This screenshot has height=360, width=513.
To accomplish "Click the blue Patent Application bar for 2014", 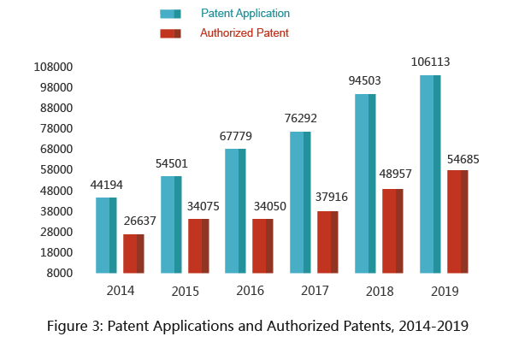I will click(106, 235).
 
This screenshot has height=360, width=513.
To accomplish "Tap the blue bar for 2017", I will click(300, 202).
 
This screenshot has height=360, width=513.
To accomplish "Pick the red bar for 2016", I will click(262, 245).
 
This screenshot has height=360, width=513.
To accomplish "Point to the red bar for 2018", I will click(392, 231).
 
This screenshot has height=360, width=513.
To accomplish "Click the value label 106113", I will click(430, 62).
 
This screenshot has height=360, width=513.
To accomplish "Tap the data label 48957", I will click(393, 174).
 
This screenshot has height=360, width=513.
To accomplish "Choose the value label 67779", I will click(236, 134).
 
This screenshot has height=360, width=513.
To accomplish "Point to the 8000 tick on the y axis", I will click(61, 273).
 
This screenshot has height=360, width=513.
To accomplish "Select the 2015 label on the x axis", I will click(186, 292).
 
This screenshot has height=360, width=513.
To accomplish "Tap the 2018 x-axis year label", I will click(380, 292).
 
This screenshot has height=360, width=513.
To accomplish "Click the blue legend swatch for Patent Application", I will click(170, 14).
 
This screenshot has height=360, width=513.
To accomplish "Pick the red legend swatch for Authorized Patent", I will click(170, 33).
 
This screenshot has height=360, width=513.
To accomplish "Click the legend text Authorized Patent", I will click(244, 33).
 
